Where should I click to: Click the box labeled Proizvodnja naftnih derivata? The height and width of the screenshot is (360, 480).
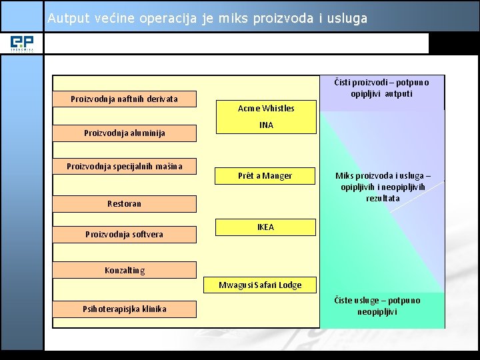tap(125, 99)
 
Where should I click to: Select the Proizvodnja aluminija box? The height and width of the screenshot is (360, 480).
tap(125, 133)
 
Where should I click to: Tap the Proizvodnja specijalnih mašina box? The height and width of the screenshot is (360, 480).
tap(125, 166)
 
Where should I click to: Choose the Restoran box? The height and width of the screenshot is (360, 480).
tap(125, 204)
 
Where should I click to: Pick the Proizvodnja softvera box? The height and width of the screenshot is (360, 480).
tap(125, 234)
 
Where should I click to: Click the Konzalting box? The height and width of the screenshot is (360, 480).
tap(125, 270)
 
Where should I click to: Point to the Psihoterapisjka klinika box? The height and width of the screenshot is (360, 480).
tap(125, 309)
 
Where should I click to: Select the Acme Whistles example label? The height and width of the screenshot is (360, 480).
tap(266, 108)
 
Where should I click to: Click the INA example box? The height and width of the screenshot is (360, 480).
tap(266, 125)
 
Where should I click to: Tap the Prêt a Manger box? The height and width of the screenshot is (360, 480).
tap(265, 176)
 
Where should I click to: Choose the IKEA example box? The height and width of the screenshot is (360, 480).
tap(265, 227)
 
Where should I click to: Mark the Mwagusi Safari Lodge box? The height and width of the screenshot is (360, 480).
tap(260, 285)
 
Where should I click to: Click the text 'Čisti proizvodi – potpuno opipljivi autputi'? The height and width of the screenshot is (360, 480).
tap(381, 88)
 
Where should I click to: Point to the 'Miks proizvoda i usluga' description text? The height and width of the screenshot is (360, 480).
tap(383, 187)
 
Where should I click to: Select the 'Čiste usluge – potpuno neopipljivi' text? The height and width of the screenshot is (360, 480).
tap(377, 306)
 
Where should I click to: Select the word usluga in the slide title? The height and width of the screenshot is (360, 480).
tap(347, 19)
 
